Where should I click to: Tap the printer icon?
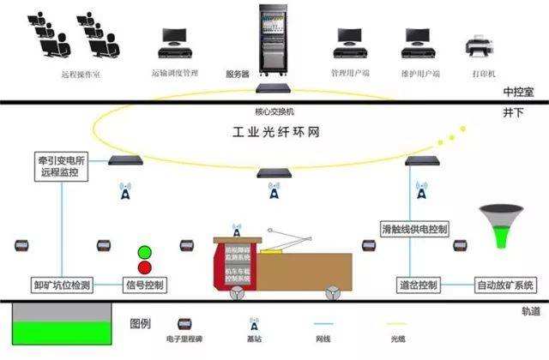(x=477, y=43)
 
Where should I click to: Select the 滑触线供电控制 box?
(x=415, y=230)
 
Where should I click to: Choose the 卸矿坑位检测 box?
(x=63, y=285)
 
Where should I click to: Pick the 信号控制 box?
(x=144, y=285)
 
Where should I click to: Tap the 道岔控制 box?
(x=419, y=285)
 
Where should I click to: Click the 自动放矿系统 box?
(x=504, y=285)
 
